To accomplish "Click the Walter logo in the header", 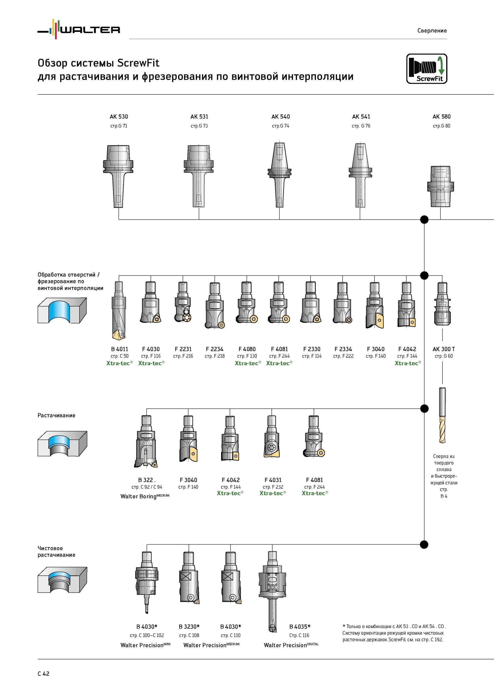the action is (x=79, y=29).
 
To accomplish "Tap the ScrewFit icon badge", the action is (x=427, y=69).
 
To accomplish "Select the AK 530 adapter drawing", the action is (x=118, y=176).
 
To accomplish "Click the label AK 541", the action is (x=361, y=117).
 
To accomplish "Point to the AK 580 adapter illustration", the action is (x=441, y=187).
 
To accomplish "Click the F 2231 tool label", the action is (x=183, y=349).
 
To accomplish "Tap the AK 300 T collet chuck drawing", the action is (x=442, y=303).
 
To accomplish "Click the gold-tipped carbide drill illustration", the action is (x=442, y=415).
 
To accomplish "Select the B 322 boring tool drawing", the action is (x=146, y=441).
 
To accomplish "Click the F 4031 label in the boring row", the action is (x=273, y=480).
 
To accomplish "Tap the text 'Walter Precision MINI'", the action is (x=145, y=645).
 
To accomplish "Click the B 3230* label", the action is (x=189, y=626).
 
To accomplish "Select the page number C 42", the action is (x=44, y=674).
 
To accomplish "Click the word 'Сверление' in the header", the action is (x=432, y=30).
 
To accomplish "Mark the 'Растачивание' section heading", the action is (x=56, y=416).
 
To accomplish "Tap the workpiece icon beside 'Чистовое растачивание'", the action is (x=62, y=580).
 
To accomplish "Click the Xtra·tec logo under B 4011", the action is (x=119, y=363).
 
